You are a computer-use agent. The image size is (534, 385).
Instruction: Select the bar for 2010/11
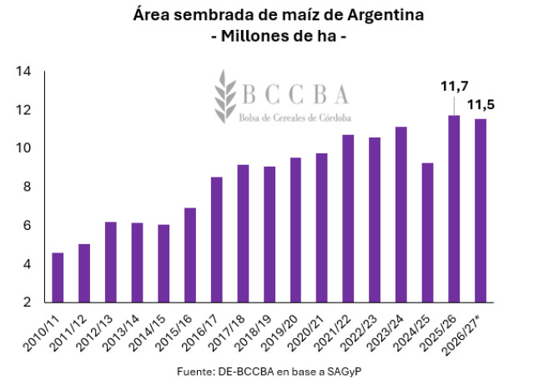[x=58, y=277]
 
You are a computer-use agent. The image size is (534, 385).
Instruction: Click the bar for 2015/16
[x=190, y=255]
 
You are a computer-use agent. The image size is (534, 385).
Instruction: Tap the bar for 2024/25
[x=427, y=232]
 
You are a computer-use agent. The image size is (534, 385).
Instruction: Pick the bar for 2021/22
[x=348, y=218]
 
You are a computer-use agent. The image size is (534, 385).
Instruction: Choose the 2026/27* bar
[x=481, y=211]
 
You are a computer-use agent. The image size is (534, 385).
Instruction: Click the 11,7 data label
[x=455, y=87]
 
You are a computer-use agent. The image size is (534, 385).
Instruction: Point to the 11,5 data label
[x=481, y=105]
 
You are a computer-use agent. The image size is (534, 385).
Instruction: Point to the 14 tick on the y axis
[x=23, y=72]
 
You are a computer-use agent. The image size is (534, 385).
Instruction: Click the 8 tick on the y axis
[x=27, y=187]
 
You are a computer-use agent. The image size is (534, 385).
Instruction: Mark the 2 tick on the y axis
[x=27, y=302]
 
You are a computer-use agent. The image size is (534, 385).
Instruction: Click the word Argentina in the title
[x=385, y=15]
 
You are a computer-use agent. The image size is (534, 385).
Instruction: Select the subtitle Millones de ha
[x=279, y=36]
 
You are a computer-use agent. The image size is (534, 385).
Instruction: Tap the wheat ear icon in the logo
[x=224, y=97]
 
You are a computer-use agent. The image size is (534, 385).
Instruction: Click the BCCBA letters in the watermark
[x=295, y=94]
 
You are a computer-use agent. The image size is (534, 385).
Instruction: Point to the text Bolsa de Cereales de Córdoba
[x=295, y=117]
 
